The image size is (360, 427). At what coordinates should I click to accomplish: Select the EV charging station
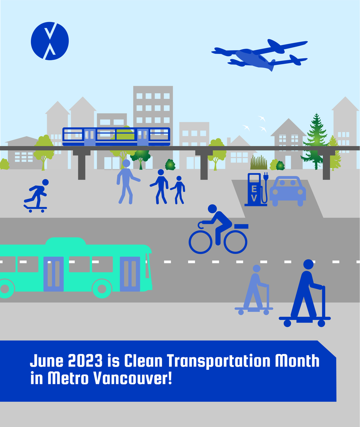[255, 189]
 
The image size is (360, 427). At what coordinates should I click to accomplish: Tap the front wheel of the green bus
[102, 288]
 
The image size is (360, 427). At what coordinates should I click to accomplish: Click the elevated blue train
[116, 137]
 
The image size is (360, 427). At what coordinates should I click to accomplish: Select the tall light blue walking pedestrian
[126, 181]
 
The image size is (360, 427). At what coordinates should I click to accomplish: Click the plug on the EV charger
[265, 176]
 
